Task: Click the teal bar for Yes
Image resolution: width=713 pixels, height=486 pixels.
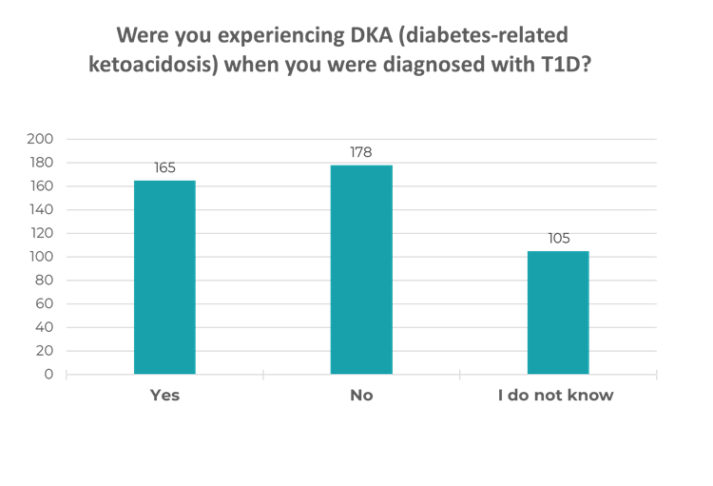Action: [x=164, y=277]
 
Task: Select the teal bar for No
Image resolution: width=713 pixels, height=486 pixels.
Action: [x=361, y=269]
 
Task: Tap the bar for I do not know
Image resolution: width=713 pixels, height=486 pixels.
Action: [x=557, y=312]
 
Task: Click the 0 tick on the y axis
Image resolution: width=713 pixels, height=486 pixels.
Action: [x=47, y=375]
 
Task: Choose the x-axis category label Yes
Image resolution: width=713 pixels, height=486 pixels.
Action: [x=164, y=396]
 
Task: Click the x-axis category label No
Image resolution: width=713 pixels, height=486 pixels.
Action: [x=361, y=396]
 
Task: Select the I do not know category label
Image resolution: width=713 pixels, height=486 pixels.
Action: [x=557, y=396]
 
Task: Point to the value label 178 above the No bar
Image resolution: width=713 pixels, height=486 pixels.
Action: [x=361, y=153]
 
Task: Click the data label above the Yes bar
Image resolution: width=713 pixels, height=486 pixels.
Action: [x=164, y=168]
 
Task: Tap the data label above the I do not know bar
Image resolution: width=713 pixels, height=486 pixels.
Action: [x=557, y=239]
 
